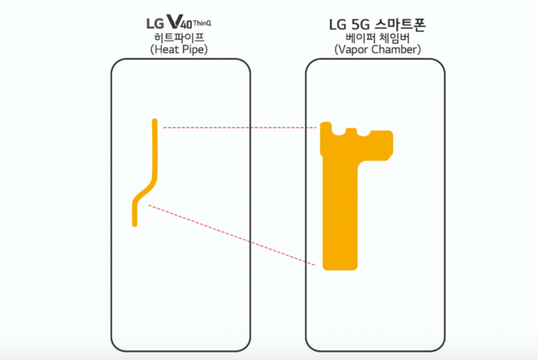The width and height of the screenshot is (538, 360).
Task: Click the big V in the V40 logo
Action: pos(173,21)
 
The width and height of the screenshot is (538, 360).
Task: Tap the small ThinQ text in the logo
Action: pos(202,23)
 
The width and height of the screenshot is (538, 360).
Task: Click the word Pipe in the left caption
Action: pos(194,50)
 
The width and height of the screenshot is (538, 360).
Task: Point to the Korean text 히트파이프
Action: pos(179,37)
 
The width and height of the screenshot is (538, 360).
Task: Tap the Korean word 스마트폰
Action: pos(401,25)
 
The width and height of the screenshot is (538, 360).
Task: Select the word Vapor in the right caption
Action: pos(355,50)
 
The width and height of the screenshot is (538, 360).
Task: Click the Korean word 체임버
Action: pos(396,37)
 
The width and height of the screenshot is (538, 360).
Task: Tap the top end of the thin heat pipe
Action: pos(155,121)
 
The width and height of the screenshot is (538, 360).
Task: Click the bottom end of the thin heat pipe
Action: pos(134,225)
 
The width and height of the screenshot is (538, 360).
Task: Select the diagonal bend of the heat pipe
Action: pos(146,191)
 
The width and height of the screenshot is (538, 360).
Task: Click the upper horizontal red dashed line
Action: pos(240,128)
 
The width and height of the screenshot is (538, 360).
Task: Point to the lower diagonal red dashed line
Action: pos(232,235)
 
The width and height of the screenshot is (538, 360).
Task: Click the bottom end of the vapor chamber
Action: pos(340,268)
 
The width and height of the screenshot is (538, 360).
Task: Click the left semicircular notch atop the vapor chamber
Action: pos(338,132)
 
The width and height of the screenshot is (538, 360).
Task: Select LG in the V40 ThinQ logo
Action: pos(155,23)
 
